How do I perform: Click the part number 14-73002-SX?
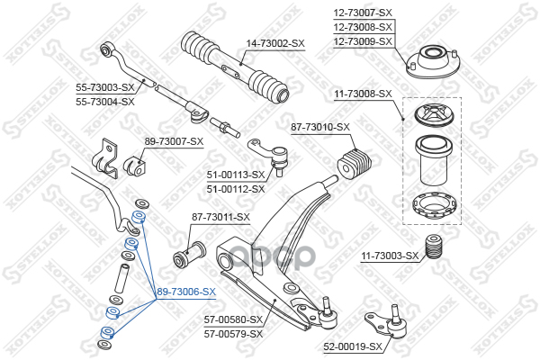point(275,43)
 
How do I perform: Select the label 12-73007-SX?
point(363,13)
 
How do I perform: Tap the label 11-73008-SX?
point(363,94)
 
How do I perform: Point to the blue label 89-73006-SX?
point(186,292)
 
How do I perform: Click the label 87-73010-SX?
point(319,127)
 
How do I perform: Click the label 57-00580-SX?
point(233,319)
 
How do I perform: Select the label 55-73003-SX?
point(105,87)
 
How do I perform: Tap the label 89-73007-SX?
point(175,141)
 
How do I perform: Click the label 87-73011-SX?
point(220,217)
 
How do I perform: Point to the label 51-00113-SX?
point(236,175)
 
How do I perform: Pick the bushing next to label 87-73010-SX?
point(355,163)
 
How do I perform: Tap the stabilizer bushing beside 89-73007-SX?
point(139,165)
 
